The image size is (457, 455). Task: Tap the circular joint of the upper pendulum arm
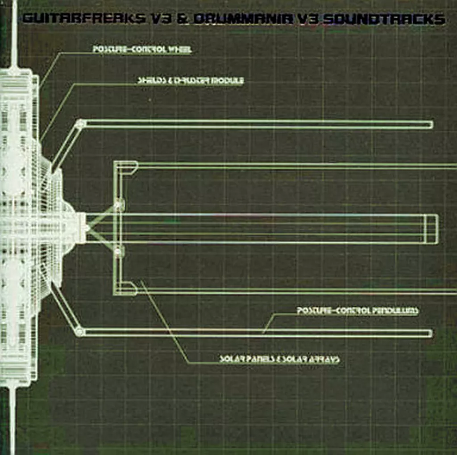click(x=80, y=124)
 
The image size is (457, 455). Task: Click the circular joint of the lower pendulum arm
click(x=80, y=332)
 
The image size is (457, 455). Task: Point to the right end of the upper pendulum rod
click(x=430, y=125)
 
